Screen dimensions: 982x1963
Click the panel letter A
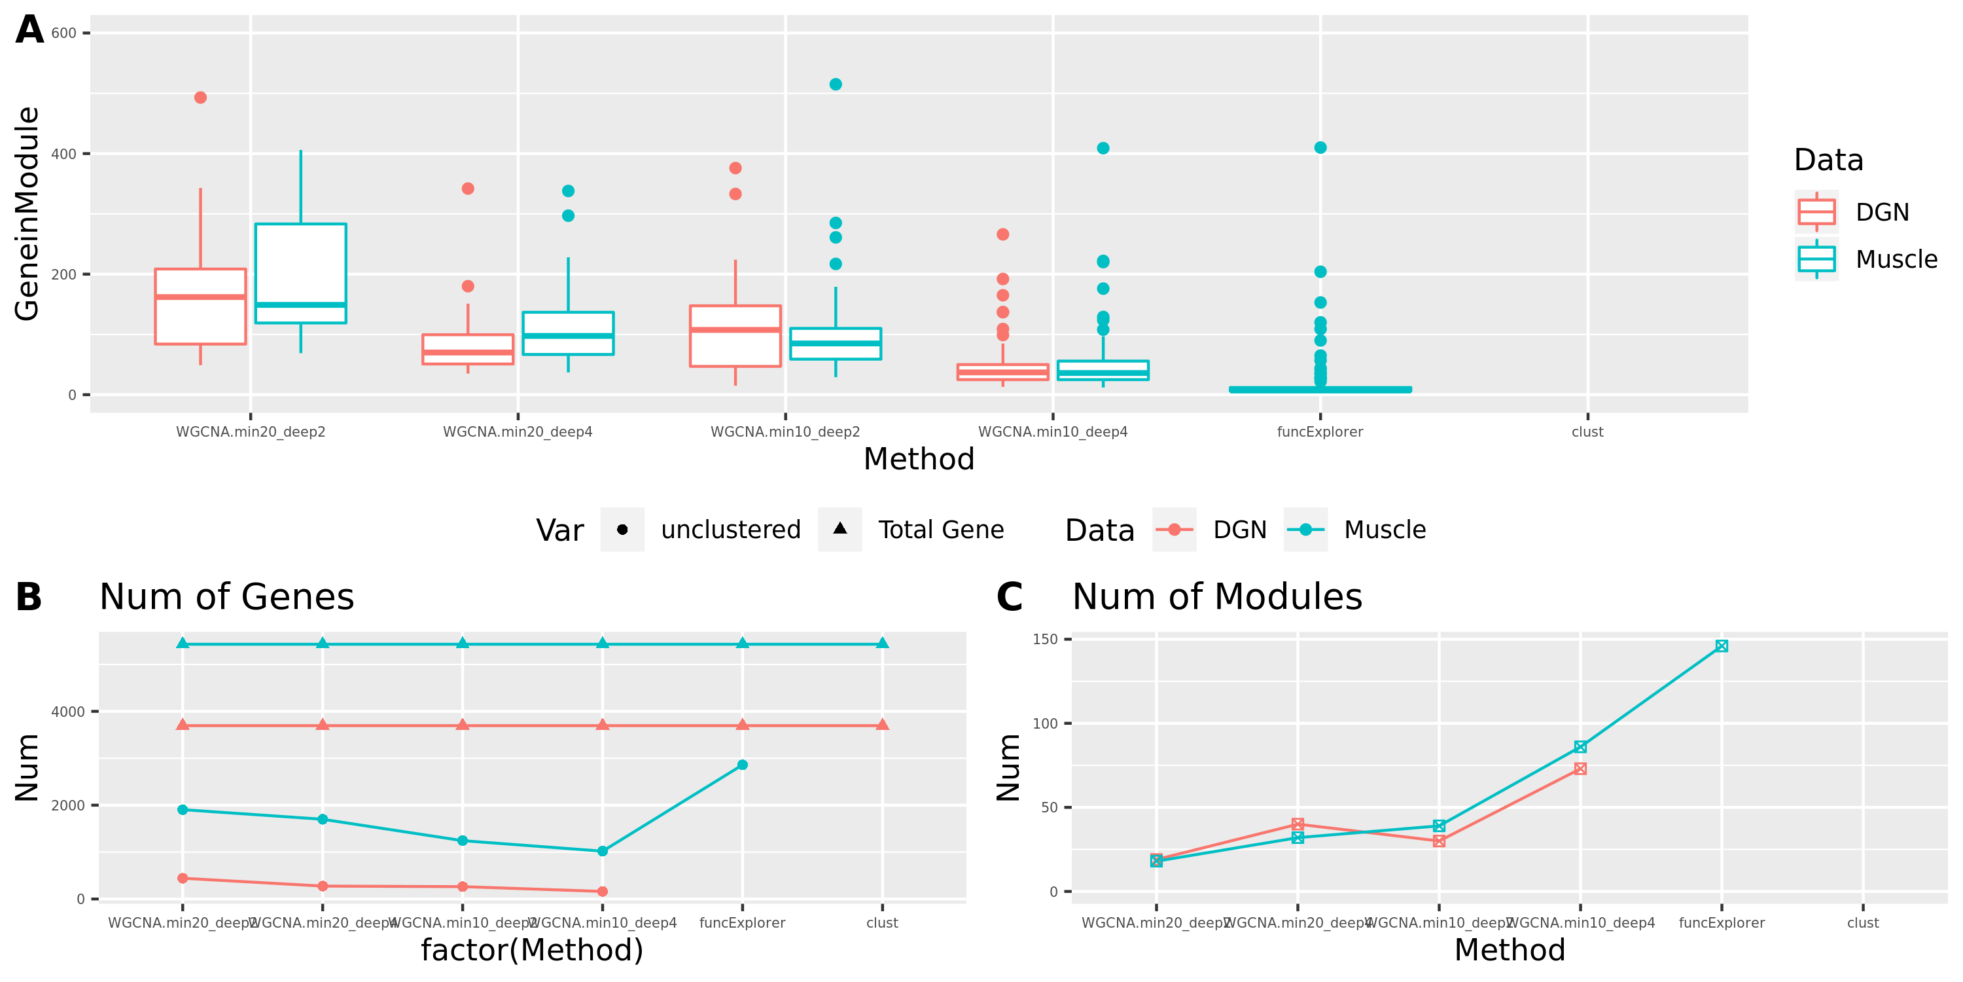[29, 31]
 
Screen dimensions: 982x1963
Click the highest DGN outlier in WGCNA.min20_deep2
[200, 98]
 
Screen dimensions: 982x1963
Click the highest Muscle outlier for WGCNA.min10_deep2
[835, 84]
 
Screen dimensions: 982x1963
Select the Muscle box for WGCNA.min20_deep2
[300, 273]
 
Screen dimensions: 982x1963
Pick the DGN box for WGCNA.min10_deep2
[735, 336]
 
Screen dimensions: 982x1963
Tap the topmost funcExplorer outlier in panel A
[1320, 148]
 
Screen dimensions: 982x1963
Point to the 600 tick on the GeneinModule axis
[64, 33]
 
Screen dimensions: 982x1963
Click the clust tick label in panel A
[1587, 432]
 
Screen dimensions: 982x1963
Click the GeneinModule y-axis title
[27, 213]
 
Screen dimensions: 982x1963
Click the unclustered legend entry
[730, 530]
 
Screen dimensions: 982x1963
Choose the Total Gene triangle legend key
[840, 529]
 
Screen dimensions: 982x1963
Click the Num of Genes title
[226, 597]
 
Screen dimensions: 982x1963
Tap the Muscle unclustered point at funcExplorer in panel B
[742, 765]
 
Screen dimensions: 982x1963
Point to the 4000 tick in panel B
[68, 712]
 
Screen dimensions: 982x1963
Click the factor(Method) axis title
[532, 950]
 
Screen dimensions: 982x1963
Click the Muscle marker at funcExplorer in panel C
[1721, 646]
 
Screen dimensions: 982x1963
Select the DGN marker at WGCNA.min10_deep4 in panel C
[1580, 769]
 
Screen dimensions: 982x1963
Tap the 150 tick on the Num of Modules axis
[1045, 639]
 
